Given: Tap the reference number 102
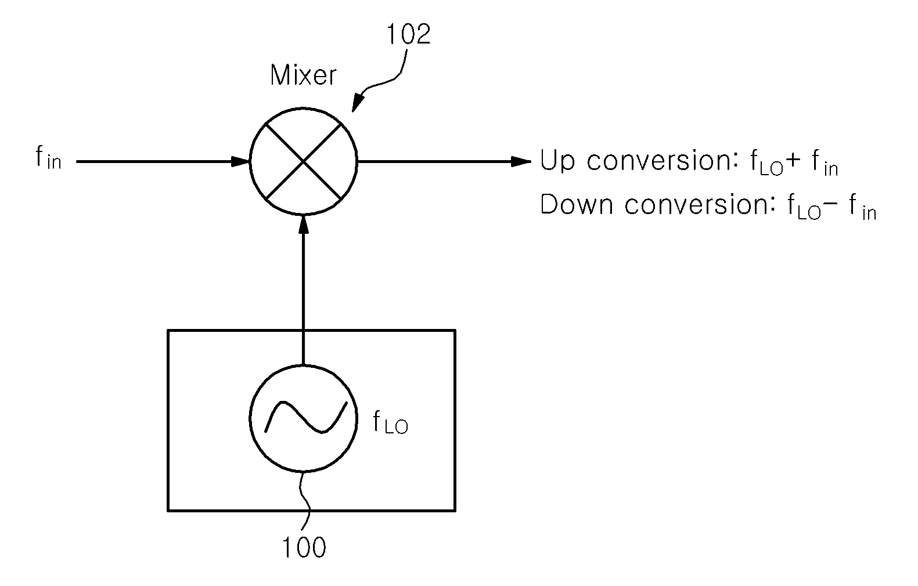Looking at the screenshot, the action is (x=409, y=34).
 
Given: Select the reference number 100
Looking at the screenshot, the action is (x=304, y=547).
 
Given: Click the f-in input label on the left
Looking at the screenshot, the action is (x=48, y=158).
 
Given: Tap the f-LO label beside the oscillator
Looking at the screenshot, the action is (x=390, y=422).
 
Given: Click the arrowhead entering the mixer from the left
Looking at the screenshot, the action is (x=240, y=161).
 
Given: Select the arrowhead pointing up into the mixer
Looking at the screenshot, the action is (x=303, y=224).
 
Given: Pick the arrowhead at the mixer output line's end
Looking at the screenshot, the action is (x=521, y=161).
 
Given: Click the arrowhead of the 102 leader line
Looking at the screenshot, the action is (x=357, y=103).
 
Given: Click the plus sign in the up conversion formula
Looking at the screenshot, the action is (x=793, y=160).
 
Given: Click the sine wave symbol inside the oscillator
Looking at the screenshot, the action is (x=306, y=417).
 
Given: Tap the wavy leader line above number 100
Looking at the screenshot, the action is (x=305, y=502).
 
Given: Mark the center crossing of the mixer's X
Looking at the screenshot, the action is (x=303, y=161).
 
